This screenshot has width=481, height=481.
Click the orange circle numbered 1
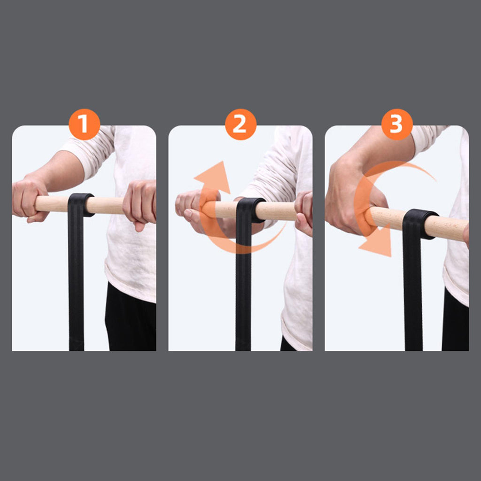85,124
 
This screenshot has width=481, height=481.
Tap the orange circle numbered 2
241,124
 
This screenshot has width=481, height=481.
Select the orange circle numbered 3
397,124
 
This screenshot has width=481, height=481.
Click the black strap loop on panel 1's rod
81,205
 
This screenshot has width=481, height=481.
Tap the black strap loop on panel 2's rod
250,210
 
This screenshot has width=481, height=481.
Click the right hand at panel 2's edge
304,213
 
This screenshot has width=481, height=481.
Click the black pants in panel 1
131,318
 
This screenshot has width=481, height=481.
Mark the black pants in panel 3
455,320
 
